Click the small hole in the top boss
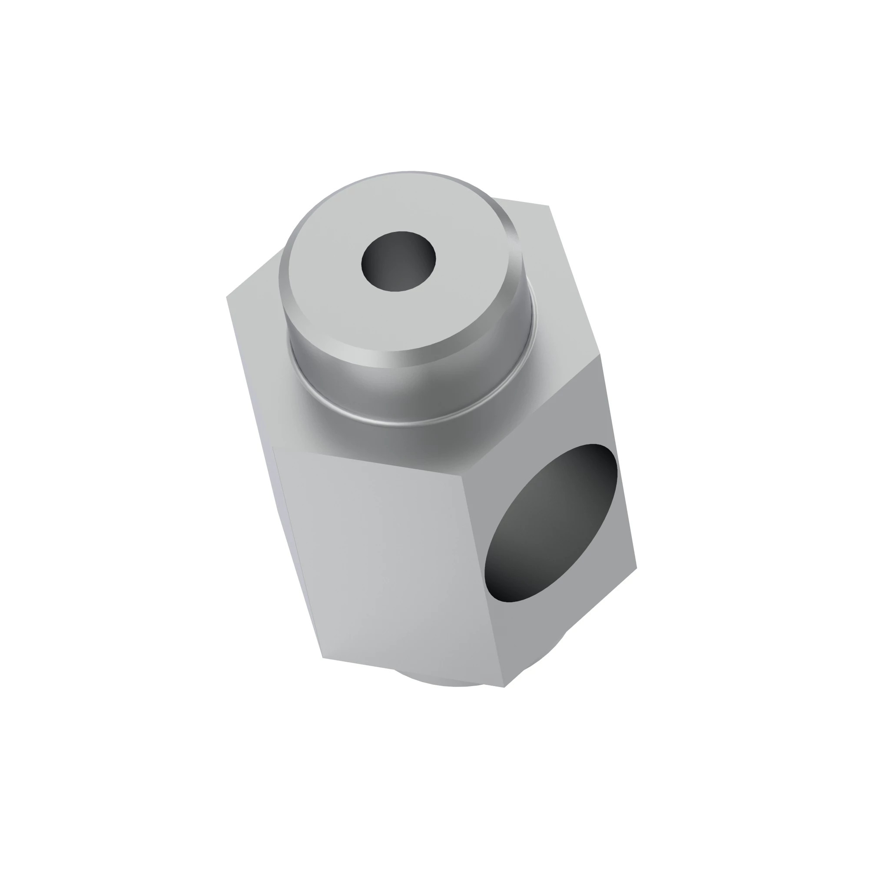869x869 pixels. coord(398,261)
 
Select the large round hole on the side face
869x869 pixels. coord(551,523)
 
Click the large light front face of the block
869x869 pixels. coord(387,562)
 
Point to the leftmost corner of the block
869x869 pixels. coord(226,297)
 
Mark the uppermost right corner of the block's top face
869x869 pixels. coord(549,206)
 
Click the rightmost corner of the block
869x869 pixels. coord(637,568)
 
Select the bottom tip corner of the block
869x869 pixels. coord(504,687)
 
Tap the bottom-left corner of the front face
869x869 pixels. coord(323,658)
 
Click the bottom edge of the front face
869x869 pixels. coord(414,673)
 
